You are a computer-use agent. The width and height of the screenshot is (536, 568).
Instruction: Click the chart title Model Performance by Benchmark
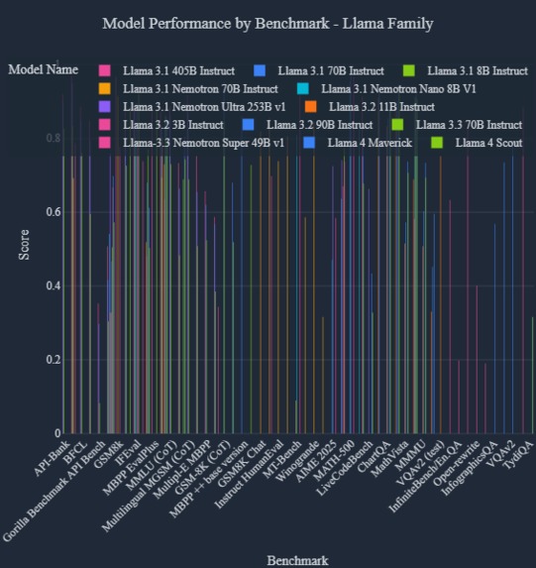tap(268, 22)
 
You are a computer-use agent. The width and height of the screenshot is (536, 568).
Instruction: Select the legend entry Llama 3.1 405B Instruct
tap(172, 71)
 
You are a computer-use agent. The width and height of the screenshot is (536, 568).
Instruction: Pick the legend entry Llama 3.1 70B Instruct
tap(330, 71)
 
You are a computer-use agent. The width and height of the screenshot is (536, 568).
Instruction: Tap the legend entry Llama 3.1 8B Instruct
tap(478, 71)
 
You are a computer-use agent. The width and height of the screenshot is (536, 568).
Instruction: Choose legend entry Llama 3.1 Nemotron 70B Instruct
tap(186, 89)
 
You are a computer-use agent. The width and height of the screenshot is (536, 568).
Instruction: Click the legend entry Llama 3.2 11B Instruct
tap(381, 107)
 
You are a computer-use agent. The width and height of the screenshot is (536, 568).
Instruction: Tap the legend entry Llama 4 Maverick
tap(370, 143)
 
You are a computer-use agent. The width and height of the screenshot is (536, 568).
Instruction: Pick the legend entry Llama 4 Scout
tap(481, 143)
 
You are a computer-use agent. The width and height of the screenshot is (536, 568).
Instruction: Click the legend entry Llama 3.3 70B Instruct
tap(470, 125)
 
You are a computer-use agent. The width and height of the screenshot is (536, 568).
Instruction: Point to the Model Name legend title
tap(44, 70)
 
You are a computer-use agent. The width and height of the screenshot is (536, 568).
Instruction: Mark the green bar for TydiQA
tap(532, 376)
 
